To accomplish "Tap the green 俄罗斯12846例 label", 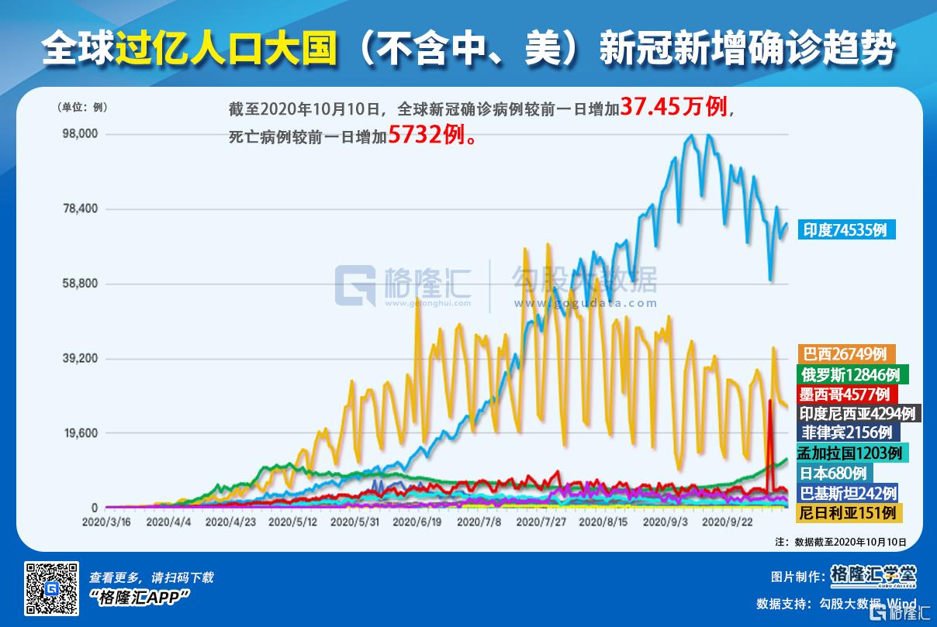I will (849, 374).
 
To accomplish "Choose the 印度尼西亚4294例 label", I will (859, 413).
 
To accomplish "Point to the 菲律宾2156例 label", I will (845, 432).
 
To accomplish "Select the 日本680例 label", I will (834, 473).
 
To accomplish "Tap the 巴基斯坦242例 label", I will (848, 493).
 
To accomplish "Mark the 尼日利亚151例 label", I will (848, 512).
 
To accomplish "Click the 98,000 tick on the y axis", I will (80, 134).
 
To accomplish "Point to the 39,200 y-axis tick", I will (80, 358).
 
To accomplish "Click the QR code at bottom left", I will (52, 587).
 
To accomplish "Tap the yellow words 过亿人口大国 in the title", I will (226, 50).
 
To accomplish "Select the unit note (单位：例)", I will (81, 108).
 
